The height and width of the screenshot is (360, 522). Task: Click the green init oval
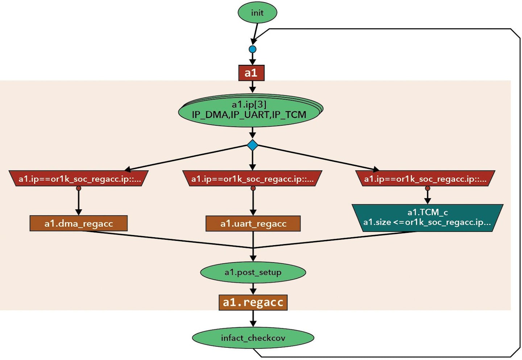257,13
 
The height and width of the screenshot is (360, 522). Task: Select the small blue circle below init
253,49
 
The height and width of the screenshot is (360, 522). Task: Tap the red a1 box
251,73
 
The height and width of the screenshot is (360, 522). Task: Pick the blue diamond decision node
253,145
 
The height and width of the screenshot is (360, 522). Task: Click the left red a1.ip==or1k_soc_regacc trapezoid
79,179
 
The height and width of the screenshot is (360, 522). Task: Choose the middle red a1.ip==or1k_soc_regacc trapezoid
253,179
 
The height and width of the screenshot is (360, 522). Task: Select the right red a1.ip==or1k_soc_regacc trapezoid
426,179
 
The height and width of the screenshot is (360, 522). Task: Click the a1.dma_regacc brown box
79,223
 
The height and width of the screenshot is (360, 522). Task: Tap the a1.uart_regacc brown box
253,223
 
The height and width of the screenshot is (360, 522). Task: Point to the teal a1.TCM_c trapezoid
427,218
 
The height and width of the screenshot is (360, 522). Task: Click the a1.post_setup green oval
253,272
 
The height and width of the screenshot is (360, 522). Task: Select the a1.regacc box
253,302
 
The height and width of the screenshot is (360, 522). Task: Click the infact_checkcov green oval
253,338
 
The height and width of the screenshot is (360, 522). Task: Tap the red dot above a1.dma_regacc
79,188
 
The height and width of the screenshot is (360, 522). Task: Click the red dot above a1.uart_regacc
253,188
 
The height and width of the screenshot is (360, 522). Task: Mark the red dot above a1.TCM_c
427,188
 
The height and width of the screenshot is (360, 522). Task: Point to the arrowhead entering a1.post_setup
253,258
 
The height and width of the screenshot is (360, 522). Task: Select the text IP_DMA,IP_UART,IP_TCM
249,115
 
